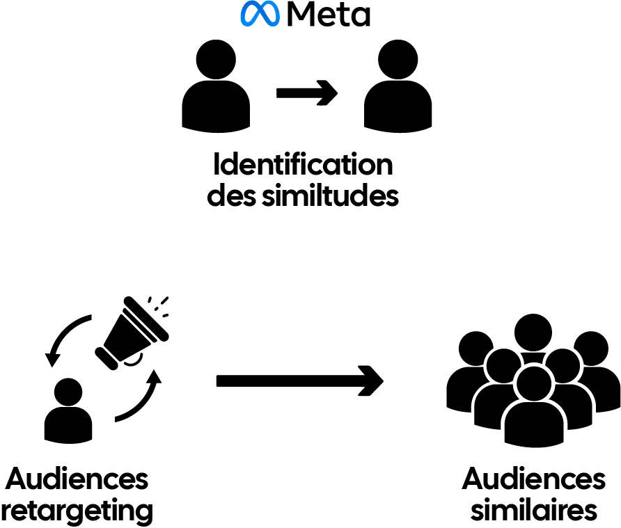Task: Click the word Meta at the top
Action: point(328,14)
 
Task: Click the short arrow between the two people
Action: point(306,93)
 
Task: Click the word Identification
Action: point(303,166)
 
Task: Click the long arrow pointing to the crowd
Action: point(299,381)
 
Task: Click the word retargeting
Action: point(77,511)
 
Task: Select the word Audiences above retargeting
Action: point(77,479)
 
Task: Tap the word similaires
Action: point(533,511)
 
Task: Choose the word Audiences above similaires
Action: point(533,479)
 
